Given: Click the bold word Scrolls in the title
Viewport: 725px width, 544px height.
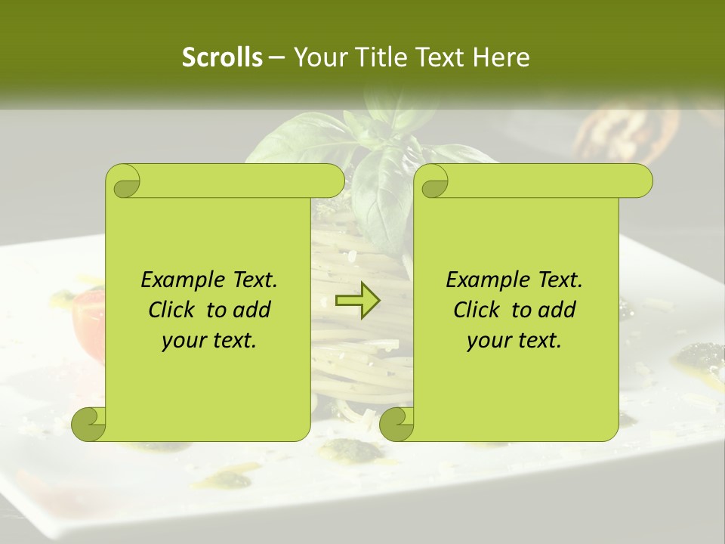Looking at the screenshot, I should point(222,57).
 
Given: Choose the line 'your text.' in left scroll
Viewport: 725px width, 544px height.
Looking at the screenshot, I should point(209,341).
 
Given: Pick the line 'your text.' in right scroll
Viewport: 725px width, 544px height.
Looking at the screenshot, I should point(514,341).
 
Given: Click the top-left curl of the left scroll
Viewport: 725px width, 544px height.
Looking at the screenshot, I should point(125,182).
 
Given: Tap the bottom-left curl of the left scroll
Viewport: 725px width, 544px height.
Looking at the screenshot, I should point(89,424).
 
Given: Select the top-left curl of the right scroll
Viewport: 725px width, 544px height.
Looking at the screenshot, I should point(433,182).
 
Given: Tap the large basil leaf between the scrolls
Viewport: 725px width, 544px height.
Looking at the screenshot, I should point(381,193).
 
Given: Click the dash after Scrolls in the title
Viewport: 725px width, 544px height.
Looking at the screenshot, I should point(276,57).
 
